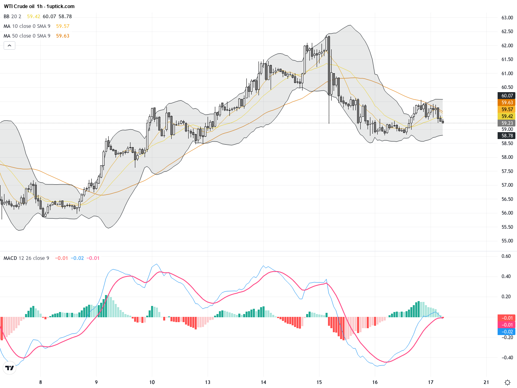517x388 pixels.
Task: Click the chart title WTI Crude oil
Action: coord(19,6)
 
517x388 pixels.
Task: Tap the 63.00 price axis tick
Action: coord(507,18)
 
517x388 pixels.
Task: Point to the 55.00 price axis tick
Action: coord(507,241)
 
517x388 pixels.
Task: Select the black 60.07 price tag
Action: coord(507,96)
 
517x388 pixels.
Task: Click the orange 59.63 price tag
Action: coord(507,103)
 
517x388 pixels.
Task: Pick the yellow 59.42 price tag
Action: coord(507,116)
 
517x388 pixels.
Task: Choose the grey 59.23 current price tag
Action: coord(507,123)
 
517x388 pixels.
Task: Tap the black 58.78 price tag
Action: coord(507,136)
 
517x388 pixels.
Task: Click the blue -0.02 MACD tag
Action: coord(507,332)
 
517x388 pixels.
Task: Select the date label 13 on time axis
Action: coord(208,382)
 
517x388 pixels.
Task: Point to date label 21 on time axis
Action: coord(486,382)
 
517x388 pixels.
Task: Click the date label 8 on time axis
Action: coord(40,382)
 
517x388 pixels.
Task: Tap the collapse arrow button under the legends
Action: coord(9,46)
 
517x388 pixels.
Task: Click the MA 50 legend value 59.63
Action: coord(63,36)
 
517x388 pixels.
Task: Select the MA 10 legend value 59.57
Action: coord(63,26)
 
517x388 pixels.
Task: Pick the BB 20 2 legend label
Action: coord(13,17)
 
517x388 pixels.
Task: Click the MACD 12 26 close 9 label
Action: coord(26,258)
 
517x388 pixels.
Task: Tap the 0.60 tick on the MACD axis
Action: coord(506,256)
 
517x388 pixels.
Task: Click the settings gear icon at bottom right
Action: coord(507,382)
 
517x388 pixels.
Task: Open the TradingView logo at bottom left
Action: coord(9,368)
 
